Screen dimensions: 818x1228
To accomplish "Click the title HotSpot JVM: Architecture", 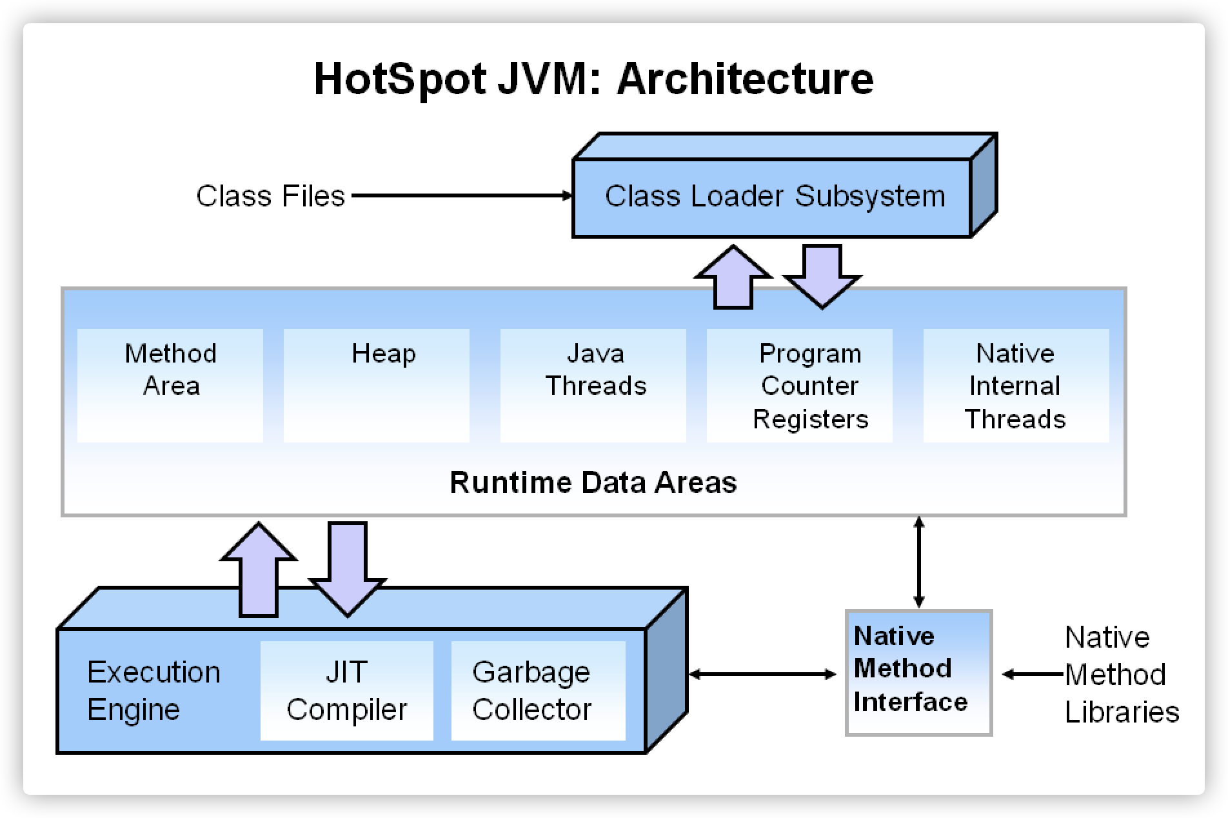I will pyautogui.click(x=593, y=79).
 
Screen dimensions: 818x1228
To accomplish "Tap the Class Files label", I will pyautogui.click(x=270, y=196).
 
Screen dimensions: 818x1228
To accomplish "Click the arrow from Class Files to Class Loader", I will pyautogui.click(x=462, y=195).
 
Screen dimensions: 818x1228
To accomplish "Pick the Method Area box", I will pyautogui.click(x=170, y=385).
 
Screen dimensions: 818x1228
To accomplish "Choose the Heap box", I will pyautogui.click(x=377, y=385).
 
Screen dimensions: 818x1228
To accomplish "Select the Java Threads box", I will pyautogui.click(x=593, y=385).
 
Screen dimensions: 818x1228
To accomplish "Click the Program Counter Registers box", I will pyautogui.click(x=800, y=385).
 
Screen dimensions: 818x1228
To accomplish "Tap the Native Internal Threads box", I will pyautogui.click(x=1016, y=385).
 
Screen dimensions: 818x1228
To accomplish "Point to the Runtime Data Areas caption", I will pyautogui.click(x=593, y=483).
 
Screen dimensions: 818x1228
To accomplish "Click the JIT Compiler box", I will pyautogui.click(x=347, y=690).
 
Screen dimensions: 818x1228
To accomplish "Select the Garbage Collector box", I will pyautogui.click(x=538, y=690).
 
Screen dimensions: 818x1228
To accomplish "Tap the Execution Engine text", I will pyautogui.click(x=153, y=690).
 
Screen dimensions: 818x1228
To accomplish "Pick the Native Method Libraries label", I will pyautogui.click(x=1121, y=674).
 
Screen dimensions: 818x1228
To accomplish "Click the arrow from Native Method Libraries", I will pyautogui.click(x=1032, y=674).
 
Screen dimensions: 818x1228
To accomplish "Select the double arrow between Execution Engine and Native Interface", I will pyautogui.click(x=762, y=674).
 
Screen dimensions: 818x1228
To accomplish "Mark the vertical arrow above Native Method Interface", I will pyautogui.click(x=919, y=562).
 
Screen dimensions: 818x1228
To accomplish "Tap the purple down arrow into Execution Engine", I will pyautogui.click(x=348, y=568).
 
